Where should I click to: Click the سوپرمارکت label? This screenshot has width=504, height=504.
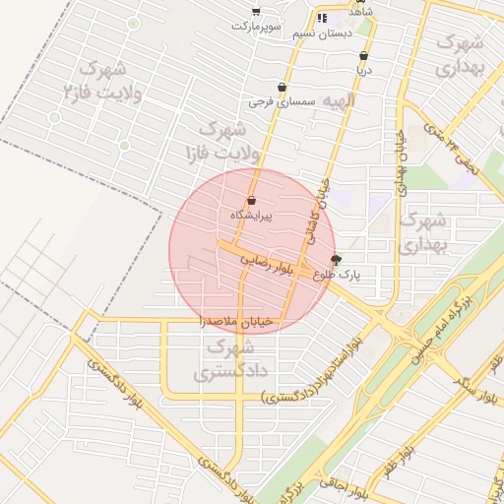257,25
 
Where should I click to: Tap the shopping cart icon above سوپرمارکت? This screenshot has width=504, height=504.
256,11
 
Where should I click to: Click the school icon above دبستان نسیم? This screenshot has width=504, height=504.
321,18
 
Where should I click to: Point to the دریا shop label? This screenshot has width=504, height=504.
364,71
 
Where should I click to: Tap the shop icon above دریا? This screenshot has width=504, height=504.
364,56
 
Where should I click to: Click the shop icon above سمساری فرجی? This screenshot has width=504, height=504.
283,87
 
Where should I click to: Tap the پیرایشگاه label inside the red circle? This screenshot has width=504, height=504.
251,215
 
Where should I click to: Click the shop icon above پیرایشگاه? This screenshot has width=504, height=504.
251,201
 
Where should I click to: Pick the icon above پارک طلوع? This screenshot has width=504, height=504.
337,261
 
